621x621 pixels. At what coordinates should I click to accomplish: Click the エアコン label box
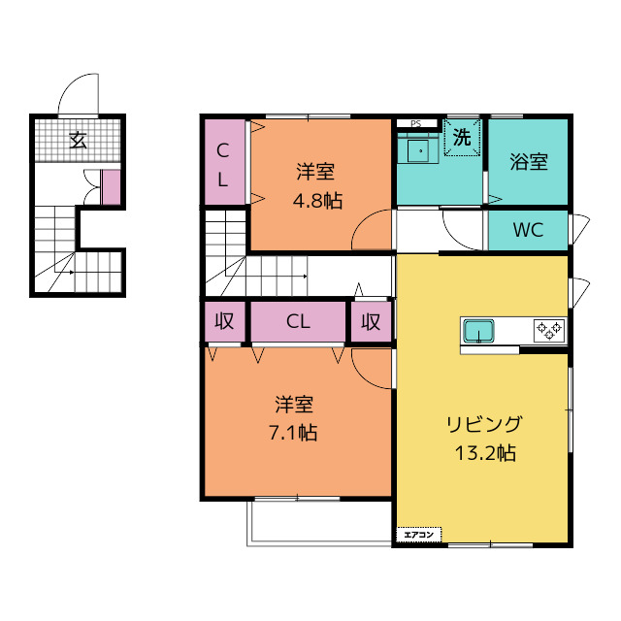418,535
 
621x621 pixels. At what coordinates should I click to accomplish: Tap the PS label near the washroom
415,123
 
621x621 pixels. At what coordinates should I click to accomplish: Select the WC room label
528,230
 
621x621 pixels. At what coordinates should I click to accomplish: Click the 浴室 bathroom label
529,162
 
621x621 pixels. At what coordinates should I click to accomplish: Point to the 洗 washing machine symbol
462,137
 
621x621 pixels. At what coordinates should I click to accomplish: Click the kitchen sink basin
478,331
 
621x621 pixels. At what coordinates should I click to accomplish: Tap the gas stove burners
549,330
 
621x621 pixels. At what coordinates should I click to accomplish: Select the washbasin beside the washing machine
417,150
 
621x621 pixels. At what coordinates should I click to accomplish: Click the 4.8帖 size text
317,201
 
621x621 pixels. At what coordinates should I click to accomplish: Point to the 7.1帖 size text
293,433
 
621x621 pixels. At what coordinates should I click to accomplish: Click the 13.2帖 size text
485,453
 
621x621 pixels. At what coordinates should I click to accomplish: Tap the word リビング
484,425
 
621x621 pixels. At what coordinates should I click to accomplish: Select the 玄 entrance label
78,140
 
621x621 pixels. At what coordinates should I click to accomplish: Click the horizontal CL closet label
298,321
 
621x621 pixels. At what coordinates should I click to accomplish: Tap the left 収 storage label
224,321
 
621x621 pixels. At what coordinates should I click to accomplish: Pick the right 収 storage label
371,321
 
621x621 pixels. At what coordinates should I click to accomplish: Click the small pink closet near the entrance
111,187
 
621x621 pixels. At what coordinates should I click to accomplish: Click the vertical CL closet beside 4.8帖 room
224,162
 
